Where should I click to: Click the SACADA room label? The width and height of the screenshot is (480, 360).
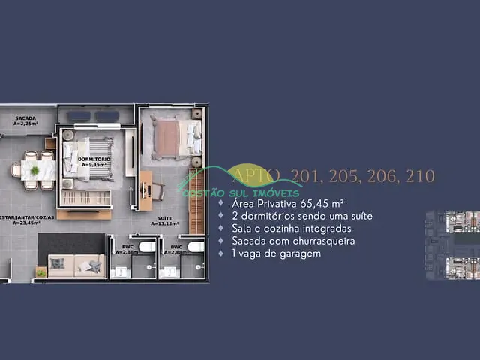tap(25, 118)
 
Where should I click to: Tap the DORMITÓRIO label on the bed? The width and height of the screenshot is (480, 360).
tap(95, 160)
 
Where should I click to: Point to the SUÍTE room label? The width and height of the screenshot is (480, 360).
tap(164, 217)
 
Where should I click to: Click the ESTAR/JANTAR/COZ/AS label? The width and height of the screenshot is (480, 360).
tap(19, 217)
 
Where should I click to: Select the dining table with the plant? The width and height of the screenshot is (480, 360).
tap(34, 170)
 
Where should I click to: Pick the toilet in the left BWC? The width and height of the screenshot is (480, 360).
tap(147, 246)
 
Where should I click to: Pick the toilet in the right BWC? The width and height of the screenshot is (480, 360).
tap(196, 246)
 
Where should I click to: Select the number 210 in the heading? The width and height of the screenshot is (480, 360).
tap(420, 176)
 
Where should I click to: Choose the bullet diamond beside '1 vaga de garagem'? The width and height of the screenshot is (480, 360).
tap(220, 253)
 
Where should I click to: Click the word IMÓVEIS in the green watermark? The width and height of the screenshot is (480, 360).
tap(274, 193)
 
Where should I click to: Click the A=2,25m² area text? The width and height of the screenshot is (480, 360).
tap(25, 124)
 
